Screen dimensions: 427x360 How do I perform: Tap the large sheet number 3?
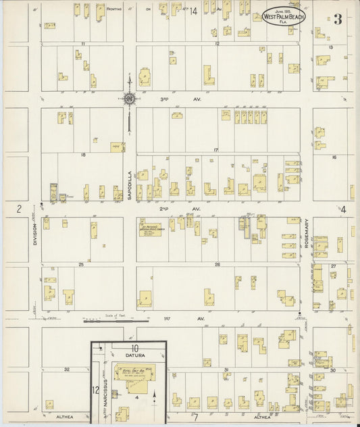[x=336, y=19]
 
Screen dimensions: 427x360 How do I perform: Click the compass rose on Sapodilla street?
[x=129, y=99]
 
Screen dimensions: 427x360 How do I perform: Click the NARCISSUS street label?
[x=106, y=393]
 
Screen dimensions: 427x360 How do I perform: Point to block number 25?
[x=81, y=264]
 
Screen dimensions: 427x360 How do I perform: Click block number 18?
[x=83, y=155]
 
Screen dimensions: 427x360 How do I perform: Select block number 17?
[x=215, y=149]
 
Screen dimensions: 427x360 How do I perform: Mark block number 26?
[x=217, y=264]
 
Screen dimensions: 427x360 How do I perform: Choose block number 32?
[x=67, y=370]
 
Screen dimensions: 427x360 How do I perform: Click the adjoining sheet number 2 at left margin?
[x=20, y=209]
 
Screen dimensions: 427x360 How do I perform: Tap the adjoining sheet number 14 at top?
[x=193, y=11]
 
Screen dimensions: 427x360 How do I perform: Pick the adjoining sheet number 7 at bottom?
[x=195, y=418]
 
